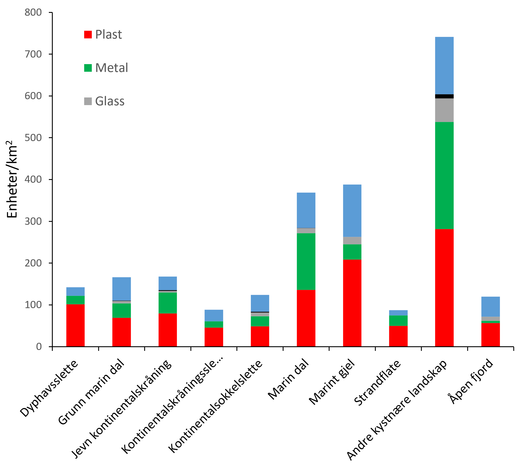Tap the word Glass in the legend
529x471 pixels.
[x=110, y=101]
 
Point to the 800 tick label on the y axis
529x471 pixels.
[x=33, y=12]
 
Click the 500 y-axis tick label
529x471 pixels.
[x=33, y=138]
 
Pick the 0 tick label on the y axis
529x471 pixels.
[x=39, y=346]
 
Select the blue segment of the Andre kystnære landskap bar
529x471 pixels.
[x=444, y=65]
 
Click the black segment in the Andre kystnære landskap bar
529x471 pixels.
[x=444, y=96]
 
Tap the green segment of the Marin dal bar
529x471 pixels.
[x=306, y=261]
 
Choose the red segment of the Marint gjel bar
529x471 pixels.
[x=352, y=303]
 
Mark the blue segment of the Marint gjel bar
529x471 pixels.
[x=352, y=211]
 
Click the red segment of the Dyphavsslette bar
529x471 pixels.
[x=75, y=325]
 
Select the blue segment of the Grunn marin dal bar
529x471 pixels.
[x=121, y=289]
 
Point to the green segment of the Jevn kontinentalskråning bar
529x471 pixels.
[x=167, y=303]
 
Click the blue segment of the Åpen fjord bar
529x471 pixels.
[x=490, y=307]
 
